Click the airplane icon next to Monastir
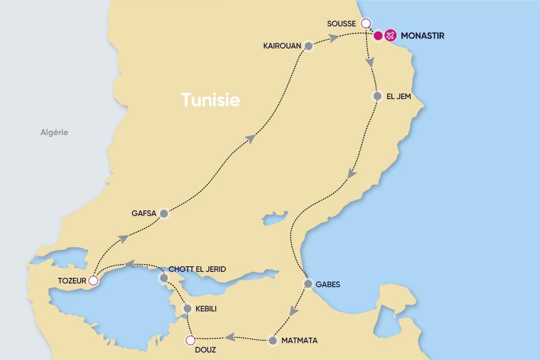pos(390,36)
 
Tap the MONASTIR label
pos(422,36)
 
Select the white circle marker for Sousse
pos(364,23)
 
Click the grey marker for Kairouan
pos(308,46)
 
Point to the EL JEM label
pos(399,97)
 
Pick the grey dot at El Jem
pos(377,97)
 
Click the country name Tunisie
pos(210,100)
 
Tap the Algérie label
pos(54,133)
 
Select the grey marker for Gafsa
pos(163,213)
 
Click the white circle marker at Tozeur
pos(93,280)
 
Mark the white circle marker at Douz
pos(190,340)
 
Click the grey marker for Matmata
pos(273,340)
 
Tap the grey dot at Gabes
pos(308,284)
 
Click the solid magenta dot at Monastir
pos(378,36)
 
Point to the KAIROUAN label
pos(282,46)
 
